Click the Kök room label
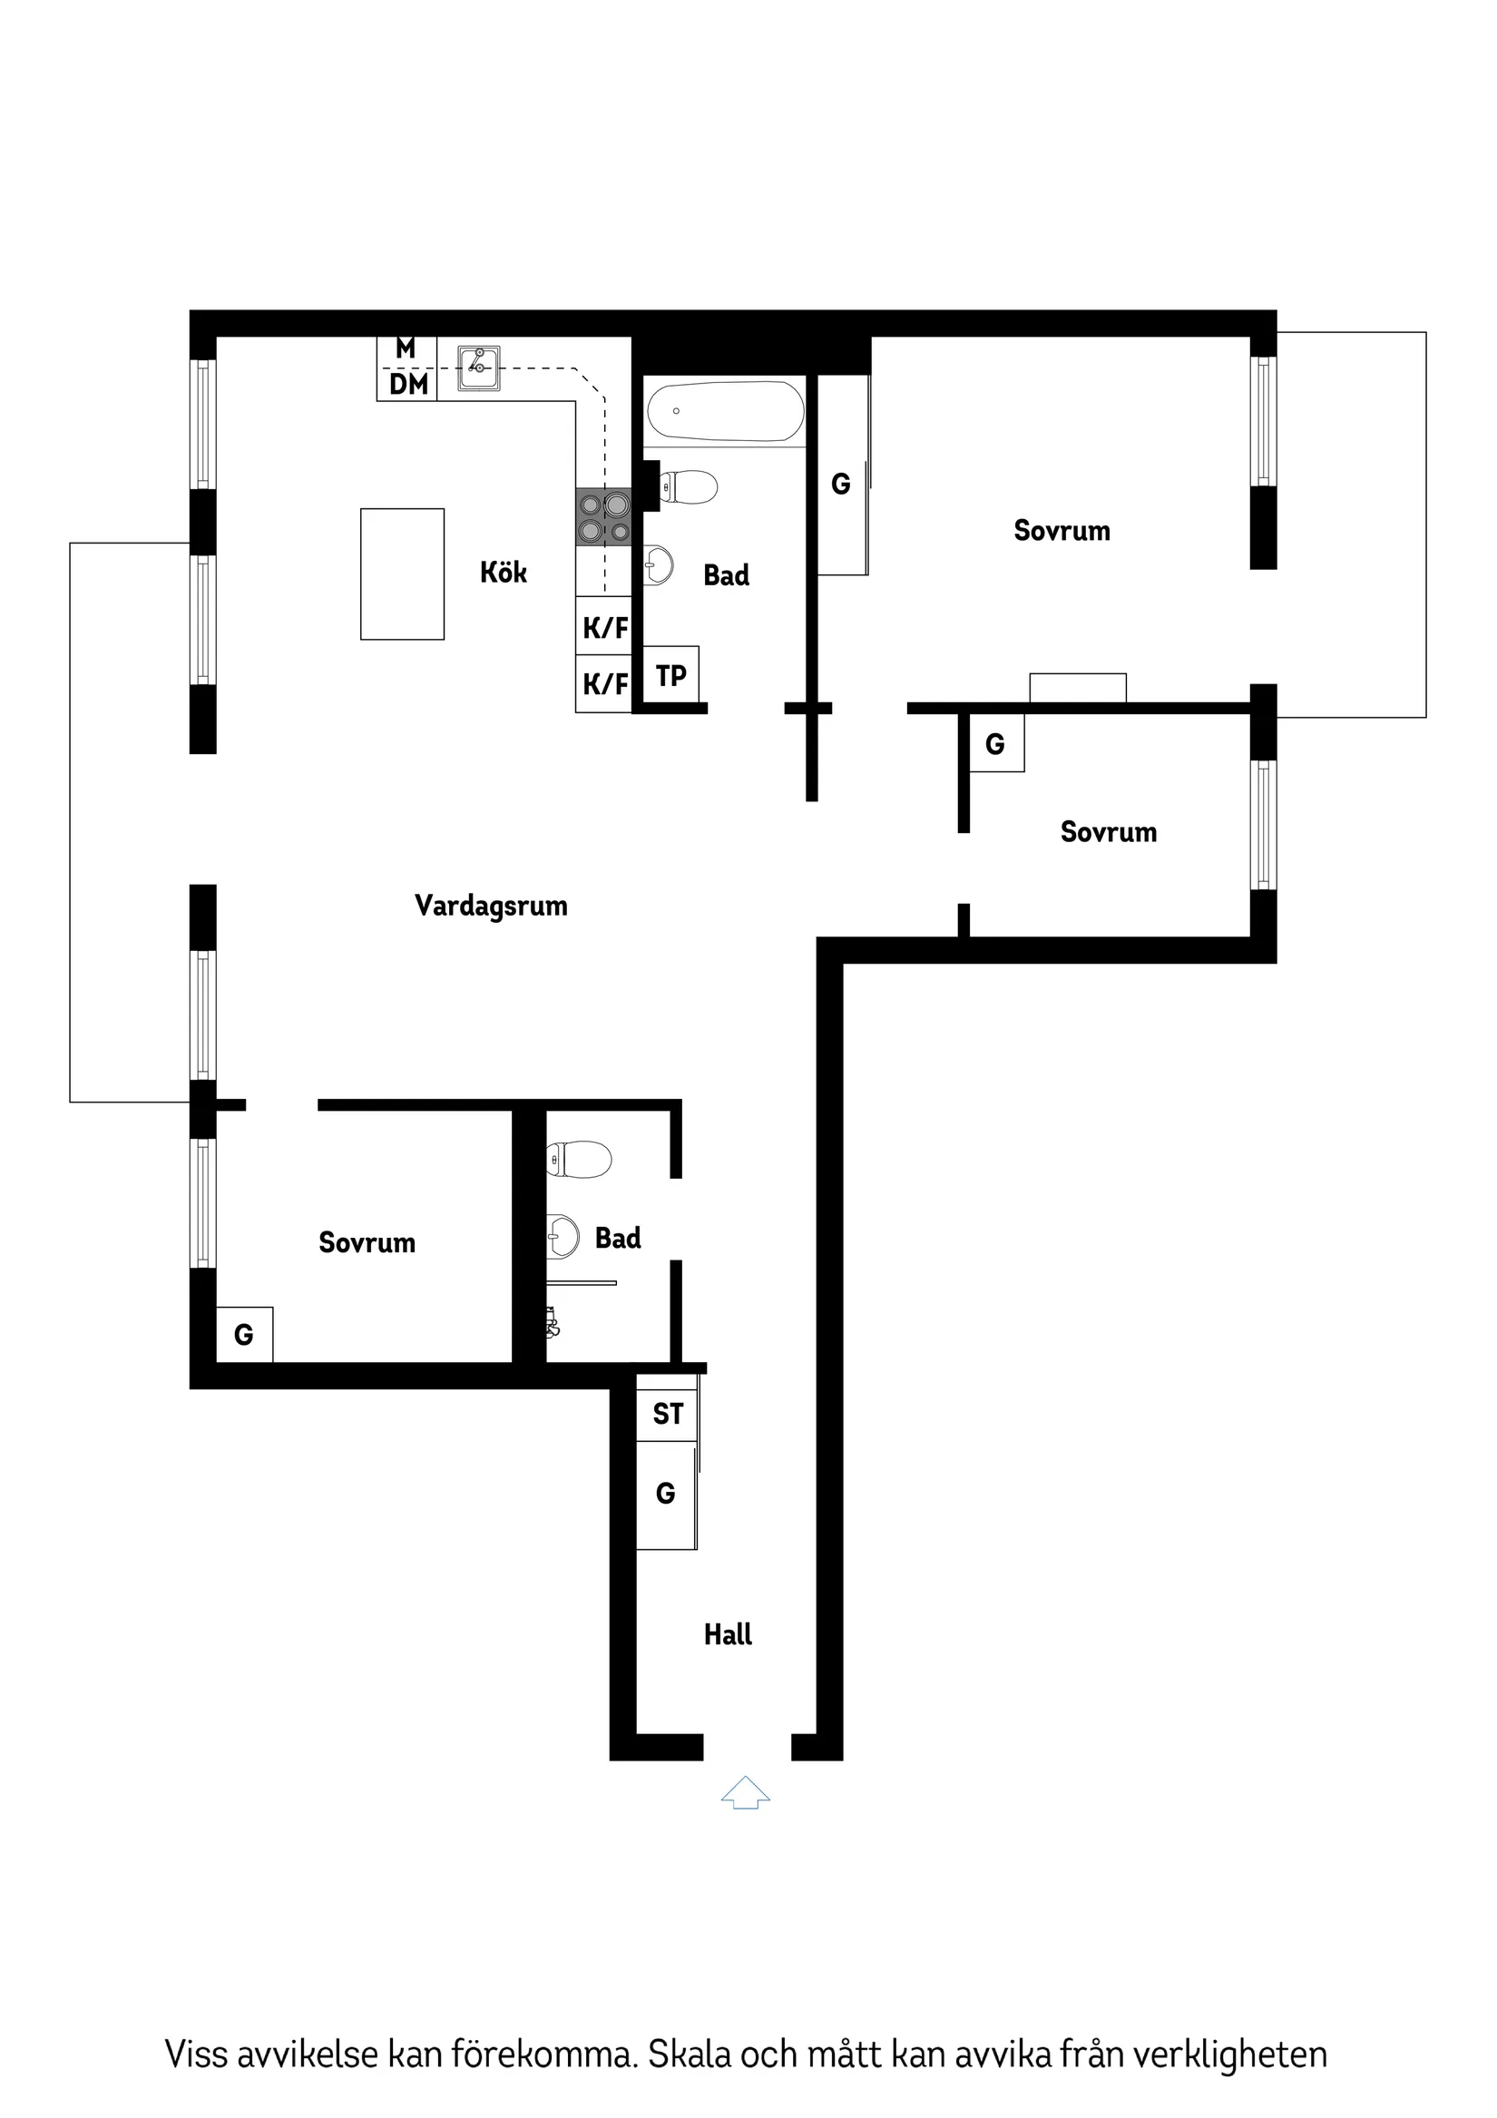(x=503, y=572)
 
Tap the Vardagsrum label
(x=491, y=905)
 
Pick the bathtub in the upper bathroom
(x=725, y=411)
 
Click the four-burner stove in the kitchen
(x=604, y=516)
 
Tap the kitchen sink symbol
(x=479, y=368)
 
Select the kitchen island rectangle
(x=402, y=574)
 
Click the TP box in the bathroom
(x=670, y=675)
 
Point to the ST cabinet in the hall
(x=667, y=1413)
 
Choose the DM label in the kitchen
(x=407, y=385)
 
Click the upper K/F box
(x=604, y=627)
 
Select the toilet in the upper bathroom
(x=689, y=487)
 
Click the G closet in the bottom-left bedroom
(x=243, y=1334)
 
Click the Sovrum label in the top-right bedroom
(x=1062, y=531)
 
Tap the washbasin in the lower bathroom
(x=563, y=1237)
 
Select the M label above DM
(x=405, y=348)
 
